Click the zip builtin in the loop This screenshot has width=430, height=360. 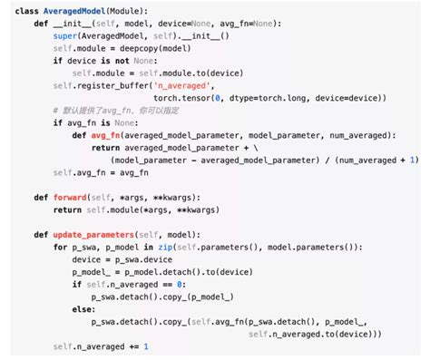click(x=163, y=247)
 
